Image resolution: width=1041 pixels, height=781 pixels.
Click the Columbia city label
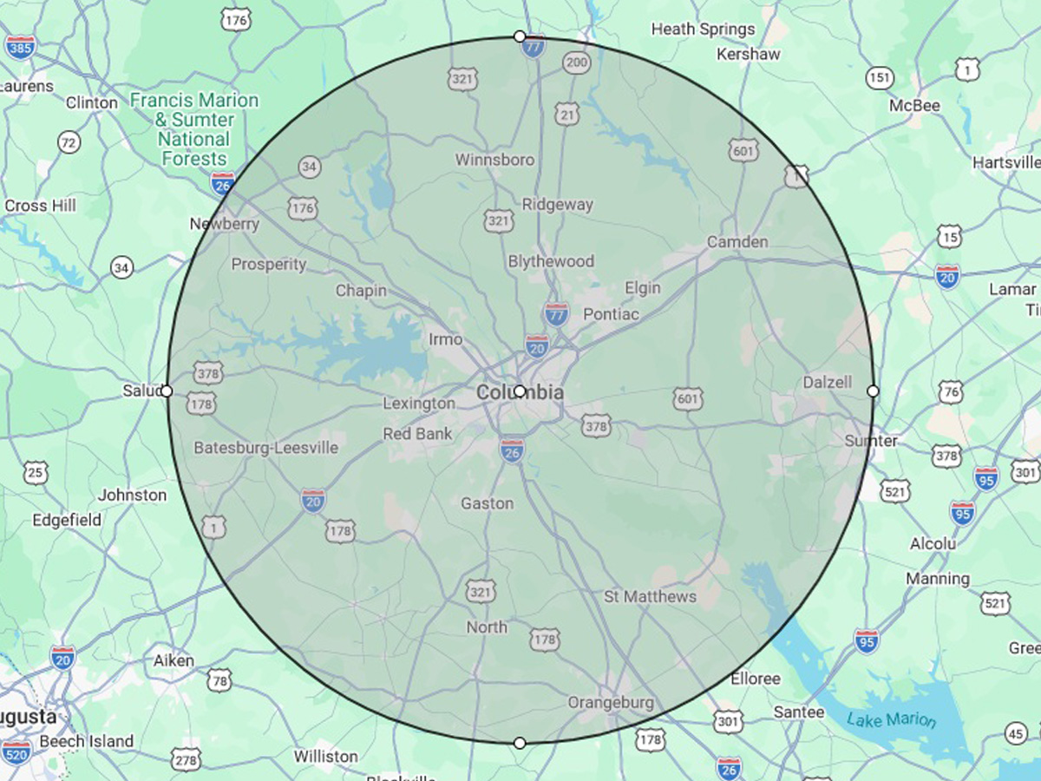click(519, 393)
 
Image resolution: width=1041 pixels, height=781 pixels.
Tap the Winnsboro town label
click(494, 160)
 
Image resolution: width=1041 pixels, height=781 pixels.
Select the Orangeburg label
click(611, 702)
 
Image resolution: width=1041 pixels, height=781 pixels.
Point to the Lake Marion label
click(892, 719)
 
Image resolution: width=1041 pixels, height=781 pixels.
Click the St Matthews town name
click(650, 596)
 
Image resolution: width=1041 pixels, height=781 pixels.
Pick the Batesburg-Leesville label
click(265, 448)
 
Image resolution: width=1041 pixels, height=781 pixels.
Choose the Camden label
click(737, 241)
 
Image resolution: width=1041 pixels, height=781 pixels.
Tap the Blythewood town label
click(551, 261)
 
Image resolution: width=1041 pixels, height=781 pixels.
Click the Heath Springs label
click(703, 30)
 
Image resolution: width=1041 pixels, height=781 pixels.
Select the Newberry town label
click(225, 224)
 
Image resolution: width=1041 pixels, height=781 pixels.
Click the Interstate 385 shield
click(19, 46)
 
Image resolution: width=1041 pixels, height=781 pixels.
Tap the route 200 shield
click(576, 62)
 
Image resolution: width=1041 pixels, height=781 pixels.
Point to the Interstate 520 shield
click(16, 751)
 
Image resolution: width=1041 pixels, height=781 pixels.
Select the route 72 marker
click(69, 142)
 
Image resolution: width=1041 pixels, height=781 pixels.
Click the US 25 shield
click(36, 473)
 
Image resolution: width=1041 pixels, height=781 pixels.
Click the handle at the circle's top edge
click(520, 36)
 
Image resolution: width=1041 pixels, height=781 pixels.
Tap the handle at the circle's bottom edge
click(520, 743)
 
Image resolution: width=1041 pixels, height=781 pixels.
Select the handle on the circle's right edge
click(873, 391)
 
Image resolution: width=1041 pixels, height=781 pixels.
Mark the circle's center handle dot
click(520, 390)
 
